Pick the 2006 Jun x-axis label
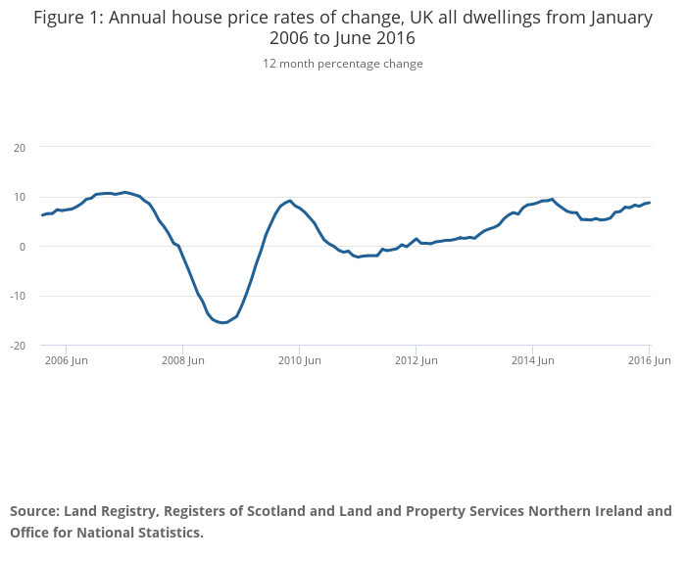coord(66,360)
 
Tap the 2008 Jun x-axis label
coord(182,360)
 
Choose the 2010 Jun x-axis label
coord(299,360)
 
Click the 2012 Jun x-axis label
coord(416,360)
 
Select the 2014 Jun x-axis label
coord(532,360)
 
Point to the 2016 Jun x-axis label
coord(649,360)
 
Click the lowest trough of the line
coord(223,322)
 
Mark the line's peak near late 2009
coord(290,201)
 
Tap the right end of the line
coord(649,203)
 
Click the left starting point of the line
coord(42,214)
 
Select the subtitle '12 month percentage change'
coord(342,64)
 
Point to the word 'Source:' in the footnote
coord(34,511)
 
